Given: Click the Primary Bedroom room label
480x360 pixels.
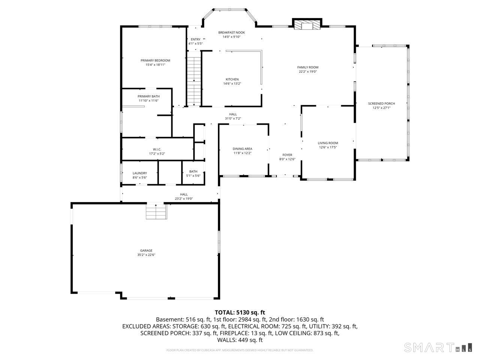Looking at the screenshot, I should click(x=155, y=60).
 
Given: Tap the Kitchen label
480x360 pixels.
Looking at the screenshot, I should click(x=232, y=79).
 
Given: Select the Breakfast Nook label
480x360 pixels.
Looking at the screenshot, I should click(x=231, y=33).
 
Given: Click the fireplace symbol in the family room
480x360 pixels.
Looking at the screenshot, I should click(x=307, y=25).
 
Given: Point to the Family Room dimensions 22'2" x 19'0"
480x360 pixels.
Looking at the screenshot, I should click(x=307, y=72).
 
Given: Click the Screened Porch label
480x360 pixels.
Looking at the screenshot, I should click(x=381, y=103).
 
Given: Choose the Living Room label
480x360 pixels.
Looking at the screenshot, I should click(x=328, y=143).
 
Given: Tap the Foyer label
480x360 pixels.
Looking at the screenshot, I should click(x=287, y=155).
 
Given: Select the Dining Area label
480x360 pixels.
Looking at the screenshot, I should click(x=242, y=149).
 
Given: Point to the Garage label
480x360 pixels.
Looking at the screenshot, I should click(x=146, y=250).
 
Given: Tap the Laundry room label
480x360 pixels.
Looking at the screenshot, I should click(x=139, y=173).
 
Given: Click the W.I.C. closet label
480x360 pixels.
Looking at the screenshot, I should click(x=157, y=149).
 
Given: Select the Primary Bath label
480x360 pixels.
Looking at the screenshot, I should click(x=148, y=96).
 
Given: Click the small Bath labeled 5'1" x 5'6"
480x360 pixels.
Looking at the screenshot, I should click(x=193, y=174).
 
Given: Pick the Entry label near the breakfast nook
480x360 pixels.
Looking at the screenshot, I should click(x=195, y=39).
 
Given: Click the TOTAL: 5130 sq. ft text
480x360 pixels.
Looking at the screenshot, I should click(x=240, y=312).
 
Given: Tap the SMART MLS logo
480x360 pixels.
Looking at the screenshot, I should click(x=437, y=347).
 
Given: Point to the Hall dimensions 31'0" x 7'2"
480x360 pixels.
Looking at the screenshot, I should click(x=233, y=118).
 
